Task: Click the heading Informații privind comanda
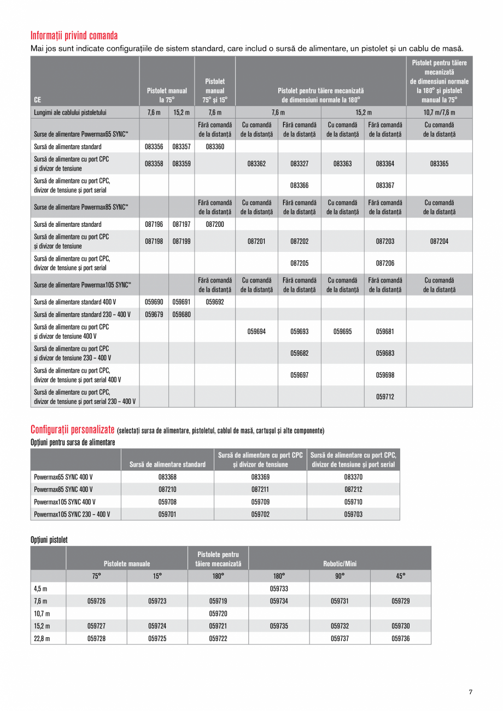pos(74,36)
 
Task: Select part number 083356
pos(154,146)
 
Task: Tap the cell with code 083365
pos(439,163)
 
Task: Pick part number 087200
pos(215,224)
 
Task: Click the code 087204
pos(439,241)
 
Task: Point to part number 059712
pos(385,397)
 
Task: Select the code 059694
pos(256,331)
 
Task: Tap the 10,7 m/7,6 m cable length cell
pos(439,113)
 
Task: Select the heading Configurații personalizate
pos(73,430)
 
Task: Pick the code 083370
pos(353,477)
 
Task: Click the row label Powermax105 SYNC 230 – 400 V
pos(72,514)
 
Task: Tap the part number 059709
pos(260,502)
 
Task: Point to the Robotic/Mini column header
pos(340,563)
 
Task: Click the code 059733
pos(279,589)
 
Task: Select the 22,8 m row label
pos(41,638)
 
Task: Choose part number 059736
pos(400,638)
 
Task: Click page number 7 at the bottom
pos(470,691)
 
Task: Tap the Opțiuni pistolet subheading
pos(49,539)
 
